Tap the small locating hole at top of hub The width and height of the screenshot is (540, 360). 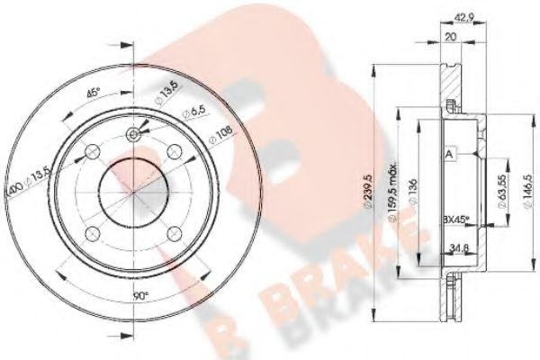tap(134, 136)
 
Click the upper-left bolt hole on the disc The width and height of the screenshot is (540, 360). tap(93, 149)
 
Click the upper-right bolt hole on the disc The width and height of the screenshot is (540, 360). tap(175, 149)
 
